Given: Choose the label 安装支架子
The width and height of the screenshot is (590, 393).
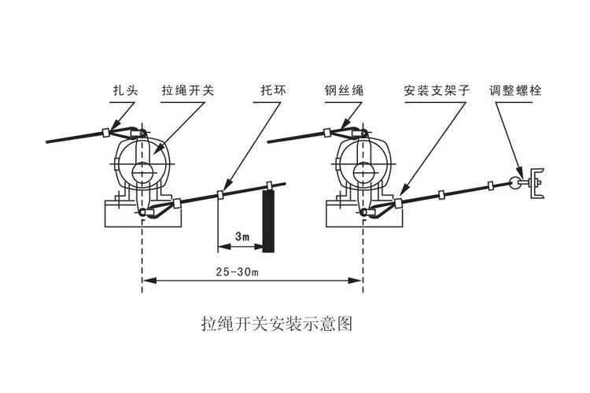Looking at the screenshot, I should (436, 91).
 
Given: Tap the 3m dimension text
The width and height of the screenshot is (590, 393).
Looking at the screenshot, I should (242, 236).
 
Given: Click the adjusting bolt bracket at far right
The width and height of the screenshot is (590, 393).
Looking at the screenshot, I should (537, 182).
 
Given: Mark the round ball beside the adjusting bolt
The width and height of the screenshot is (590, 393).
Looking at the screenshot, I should (515, 183).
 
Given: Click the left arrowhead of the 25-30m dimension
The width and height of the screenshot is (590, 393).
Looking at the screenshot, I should (147, 279).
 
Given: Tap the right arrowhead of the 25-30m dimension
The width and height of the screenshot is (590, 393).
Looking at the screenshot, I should (358, 279).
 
